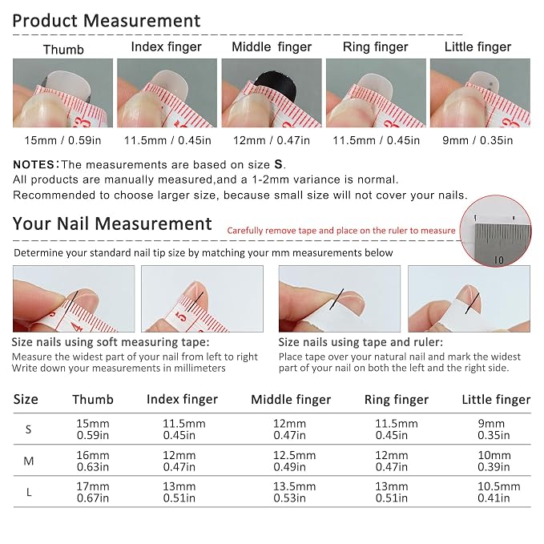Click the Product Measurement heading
(x=107, y=21)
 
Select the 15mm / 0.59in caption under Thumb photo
(x=62, y=140)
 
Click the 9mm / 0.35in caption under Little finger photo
(x=478, y=140)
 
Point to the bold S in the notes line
(x=278, y=164)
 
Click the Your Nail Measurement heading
(x=112, y=224)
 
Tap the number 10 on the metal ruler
(x=498, y=260)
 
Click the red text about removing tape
(x=341, y=231)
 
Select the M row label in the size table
(x=29, y=461)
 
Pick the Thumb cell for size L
(x=93, y=492)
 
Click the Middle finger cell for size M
(x=294, y=461)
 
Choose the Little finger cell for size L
(x=498, y=492)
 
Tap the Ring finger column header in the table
(x=397, y=400)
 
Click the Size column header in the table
(x=26, y=399)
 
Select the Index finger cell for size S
(x=184, y=429)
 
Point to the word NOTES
(x=34, y=164)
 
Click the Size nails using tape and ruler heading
(x=361, y=342)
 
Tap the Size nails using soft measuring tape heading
(x=111, y=342)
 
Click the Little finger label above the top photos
(x=478, y=46)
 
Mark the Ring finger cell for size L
(x=391, y=492)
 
